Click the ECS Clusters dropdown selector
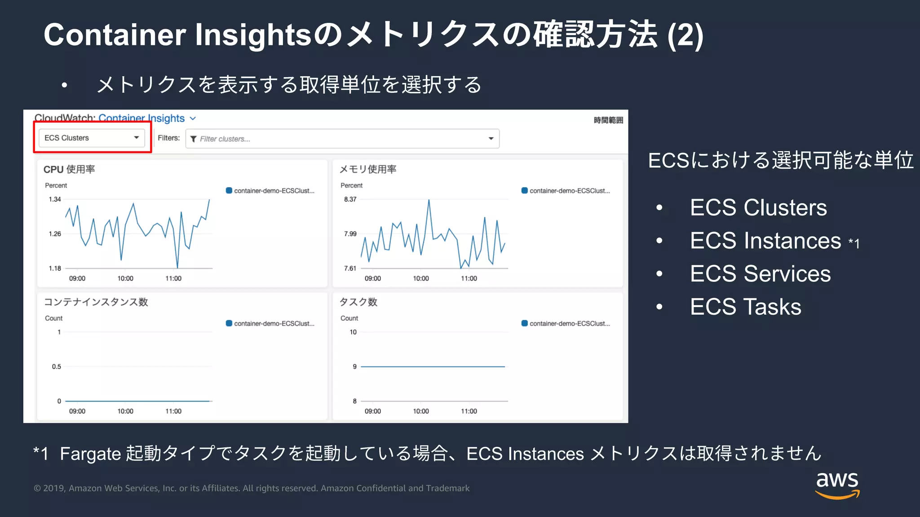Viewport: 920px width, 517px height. point(92,138)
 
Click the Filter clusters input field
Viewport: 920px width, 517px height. point(341,139)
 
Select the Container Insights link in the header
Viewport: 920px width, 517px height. point(142,118)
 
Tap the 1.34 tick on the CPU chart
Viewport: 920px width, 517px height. point(55,199)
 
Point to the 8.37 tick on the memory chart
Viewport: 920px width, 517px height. point(350,199)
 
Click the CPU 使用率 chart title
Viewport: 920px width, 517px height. point(69,169)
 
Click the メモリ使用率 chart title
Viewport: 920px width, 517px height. point(367,169)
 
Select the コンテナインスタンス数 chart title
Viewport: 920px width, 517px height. point(96,302)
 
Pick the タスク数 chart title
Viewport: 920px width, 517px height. point(358,302)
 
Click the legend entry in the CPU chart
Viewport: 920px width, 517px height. point(270,191)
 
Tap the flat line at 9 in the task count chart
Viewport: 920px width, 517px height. point(433,367)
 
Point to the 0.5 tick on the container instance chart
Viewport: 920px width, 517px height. point(56,367)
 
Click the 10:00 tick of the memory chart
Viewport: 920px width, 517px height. point(421,278)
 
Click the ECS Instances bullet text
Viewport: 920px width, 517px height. point(765,241)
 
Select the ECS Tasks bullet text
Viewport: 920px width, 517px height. point(745,307)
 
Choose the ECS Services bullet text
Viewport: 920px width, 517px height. point(760,274)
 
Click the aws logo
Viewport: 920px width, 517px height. point(837,485)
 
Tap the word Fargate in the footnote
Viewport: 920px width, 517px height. point(90,454)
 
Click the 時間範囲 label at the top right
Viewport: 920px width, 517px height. point(608,120)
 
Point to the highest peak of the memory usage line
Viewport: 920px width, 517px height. point(429,201)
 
